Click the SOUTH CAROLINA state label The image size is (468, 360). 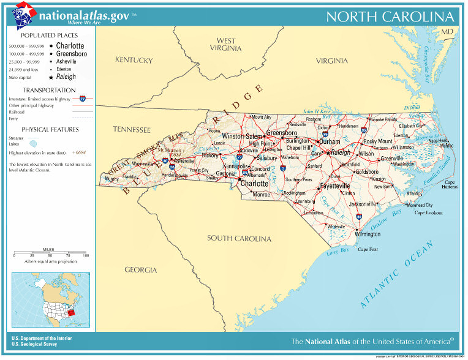tap(239, 238)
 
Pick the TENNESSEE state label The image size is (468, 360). tap(132, 130)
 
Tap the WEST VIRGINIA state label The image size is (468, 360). tap(226, 45)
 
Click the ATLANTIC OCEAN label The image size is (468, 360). tap(398, 274)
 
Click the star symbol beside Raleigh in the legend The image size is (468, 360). tap(51, 78)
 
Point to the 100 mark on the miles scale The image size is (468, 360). tap(86, 255)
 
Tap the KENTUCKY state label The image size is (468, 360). tap(134, 60)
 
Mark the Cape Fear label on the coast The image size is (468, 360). tap(368, 249)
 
